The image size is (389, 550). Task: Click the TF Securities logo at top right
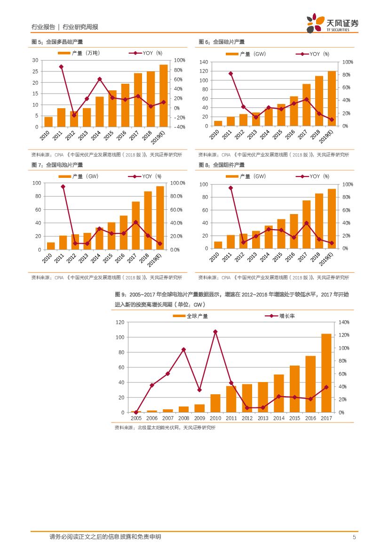332,23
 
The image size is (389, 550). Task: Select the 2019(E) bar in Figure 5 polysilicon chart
163,96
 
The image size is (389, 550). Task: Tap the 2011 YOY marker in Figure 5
61,67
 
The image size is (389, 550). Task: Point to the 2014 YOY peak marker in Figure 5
100,79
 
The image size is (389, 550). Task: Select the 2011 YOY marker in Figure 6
230,73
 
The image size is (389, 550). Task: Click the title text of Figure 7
57,165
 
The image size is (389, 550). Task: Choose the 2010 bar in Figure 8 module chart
218,245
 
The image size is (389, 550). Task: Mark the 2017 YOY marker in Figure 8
306,223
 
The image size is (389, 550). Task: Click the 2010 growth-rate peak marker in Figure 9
215,332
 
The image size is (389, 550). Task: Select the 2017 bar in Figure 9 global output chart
326,373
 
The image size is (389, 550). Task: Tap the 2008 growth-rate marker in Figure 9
183,350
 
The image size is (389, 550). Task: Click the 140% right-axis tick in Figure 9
344,322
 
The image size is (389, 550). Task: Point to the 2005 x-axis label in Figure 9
136,418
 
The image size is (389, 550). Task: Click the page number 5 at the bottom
354,537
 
